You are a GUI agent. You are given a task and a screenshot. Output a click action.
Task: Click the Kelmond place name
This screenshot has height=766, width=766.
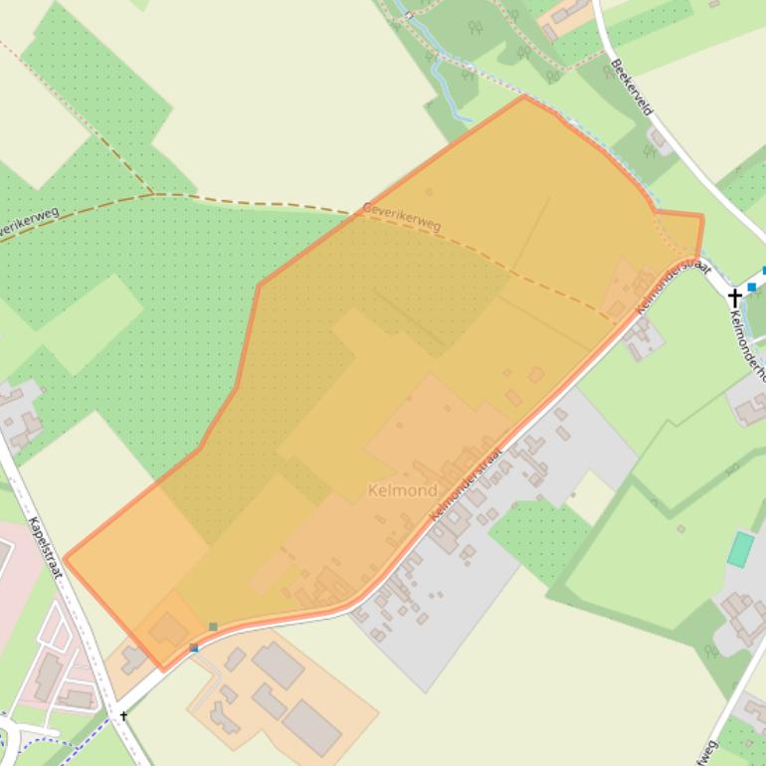point(402,490)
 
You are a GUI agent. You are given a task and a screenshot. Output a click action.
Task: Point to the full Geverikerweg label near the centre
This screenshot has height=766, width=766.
point(401,216)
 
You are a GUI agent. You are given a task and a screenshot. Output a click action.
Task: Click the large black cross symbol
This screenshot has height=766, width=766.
point(734,296)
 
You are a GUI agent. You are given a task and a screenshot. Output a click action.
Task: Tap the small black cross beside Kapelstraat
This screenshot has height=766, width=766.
point(123,715)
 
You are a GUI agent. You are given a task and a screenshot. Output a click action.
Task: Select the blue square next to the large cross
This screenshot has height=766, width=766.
point(751,287)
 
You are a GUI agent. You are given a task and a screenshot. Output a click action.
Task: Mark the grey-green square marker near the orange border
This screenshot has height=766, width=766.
point(213,627)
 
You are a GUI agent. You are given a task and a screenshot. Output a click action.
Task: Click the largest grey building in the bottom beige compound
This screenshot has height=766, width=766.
point(312,727)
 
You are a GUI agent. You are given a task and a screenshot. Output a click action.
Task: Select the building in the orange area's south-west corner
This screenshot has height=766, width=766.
point(168,629)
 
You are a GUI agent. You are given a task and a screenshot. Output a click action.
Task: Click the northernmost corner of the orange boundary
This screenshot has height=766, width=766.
point(524,96)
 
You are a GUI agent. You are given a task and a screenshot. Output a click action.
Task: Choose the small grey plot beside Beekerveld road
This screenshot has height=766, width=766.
point(658,139)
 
